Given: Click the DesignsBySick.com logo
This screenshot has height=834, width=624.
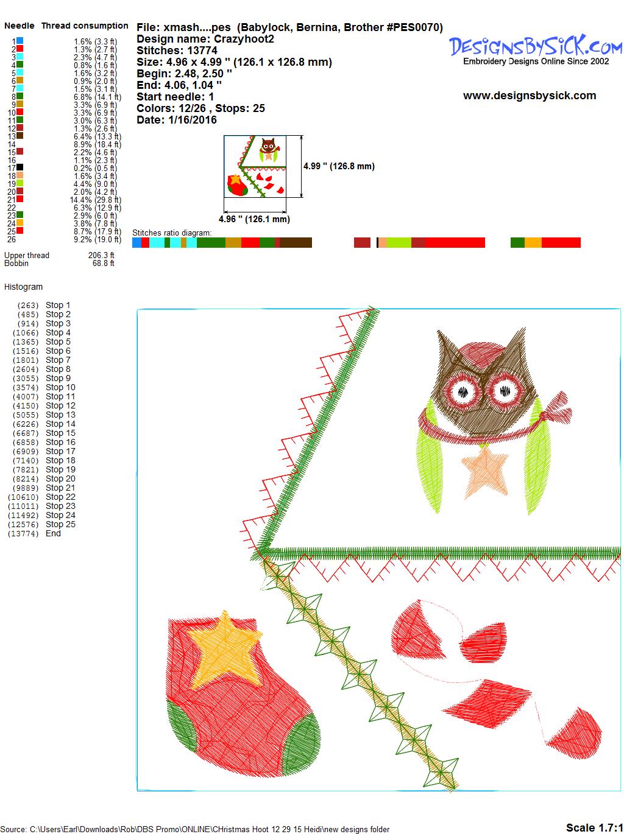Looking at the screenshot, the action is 536,50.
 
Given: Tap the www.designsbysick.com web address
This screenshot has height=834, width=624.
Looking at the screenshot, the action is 530,96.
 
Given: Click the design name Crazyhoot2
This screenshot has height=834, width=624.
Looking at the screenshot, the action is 244,39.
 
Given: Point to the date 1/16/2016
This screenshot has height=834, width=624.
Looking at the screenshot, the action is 193,120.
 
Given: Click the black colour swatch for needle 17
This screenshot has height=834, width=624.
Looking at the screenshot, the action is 19,167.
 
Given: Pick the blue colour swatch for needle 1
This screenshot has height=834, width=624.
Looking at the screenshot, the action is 19,40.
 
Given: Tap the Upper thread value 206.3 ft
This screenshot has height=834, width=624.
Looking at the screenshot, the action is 101,255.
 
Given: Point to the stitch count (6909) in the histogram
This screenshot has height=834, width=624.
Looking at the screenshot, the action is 26,451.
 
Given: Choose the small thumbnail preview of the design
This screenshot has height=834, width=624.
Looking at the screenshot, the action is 255,166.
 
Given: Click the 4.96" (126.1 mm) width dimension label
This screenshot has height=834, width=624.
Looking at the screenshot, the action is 254,219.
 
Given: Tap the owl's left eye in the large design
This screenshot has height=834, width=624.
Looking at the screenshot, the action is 463,391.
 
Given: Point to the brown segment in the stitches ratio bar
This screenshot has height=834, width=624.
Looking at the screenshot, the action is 296,242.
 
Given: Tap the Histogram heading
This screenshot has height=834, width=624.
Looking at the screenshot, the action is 23,287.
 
